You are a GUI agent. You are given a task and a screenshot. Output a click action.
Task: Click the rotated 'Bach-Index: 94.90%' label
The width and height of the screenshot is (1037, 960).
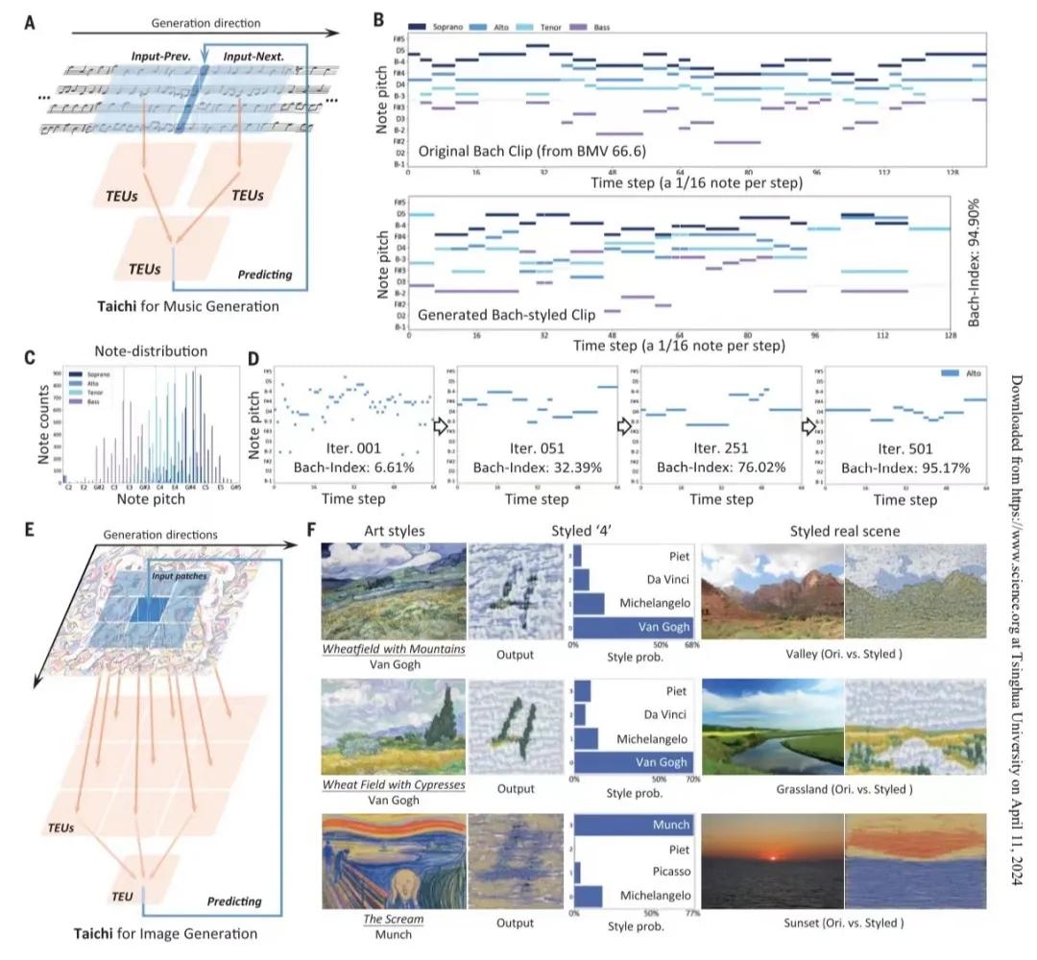[x=973, y=270]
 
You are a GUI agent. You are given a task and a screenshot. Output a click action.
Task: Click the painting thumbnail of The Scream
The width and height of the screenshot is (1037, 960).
[x=394, y=860]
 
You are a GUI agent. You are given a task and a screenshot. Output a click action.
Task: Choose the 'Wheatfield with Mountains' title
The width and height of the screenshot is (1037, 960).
[x=395, y=649]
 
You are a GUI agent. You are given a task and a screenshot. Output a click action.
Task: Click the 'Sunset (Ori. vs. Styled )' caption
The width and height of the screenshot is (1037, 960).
[x=843, y=924]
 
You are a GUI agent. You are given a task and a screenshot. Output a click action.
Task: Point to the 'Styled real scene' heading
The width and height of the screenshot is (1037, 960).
[x=842, y=531]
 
